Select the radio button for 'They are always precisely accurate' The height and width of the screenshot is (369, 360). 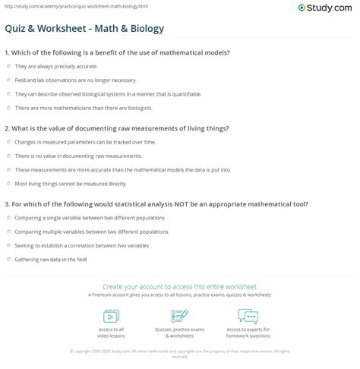click(8, 67)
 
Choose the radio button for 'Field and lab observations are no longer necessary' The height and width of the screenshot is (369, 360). click(8, 80)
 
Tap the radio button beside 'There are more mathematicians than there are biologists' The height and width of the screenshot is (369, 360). click(8, 108)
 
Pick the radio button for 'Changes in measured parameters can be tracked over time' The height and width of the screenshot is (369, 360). click(8, 142)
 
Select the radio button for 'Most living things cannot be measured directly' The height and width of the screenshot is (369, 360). click(8, 183)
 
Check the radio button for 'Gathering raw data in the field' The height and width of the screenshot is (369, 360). click(8, 259)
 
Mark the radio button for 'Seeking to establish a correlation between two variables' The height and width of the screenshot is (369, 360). click(8, 245)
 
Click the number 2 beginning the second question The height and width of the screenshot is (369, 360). click(6, 128)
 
